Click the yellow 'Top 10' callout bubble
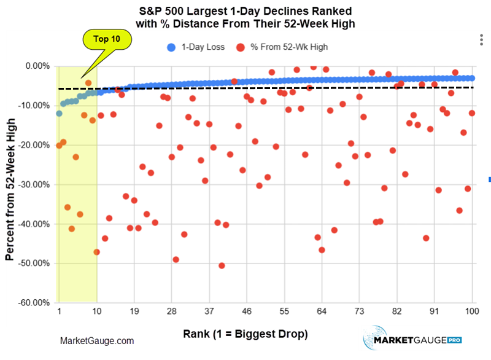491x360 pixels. [107, 39]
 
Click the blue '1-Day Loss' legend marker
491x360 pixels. [171, 47]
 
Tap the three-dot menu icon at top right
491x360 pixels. [481, 40]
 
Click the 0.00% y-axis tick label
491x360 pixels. [34, 66]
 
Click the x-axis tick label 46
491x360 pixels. [247, 311]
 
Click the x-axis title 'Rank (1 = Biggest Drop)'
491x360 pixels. [245, 334]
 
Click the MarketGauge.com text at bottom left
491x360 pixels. [97, 341]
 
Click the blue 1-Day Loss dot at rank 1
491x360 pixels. [59, 114]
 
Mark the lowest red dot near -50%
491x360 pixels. [222, 265]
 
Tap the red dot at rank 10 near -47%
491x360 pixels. [96, 252]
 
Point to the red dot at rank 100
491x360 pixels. [472, 113]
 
